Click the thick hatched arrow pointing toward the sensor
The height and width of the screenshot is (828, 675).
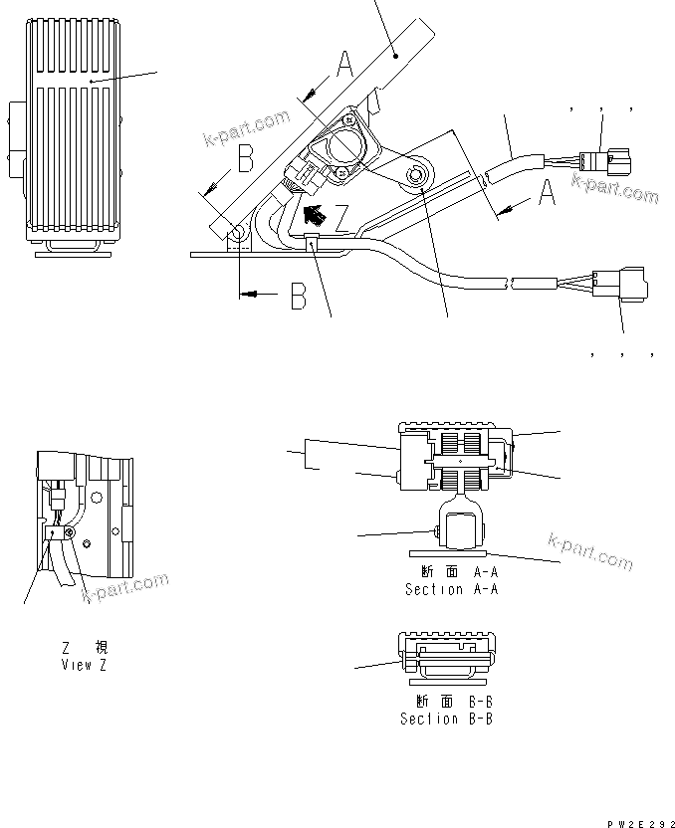click(x=314, y=214)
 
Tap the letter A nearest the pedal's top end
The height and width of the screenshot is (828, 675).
click(x=343, y=66)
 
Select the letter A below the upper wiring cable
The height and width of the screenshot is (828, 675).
click(x=546, y=194)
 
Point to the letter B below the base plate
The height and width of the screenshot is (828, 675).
click(x=297, y=298)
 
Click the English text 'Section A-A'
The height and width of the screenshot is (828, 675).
click(x=450, y=589)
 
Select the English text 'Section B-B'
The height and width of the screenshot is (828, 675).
click(x=446, y=718)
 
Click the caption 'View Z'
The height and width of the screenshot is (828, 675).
click(x=84, y=665)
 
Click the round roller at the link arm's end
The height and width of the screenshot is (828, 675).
click(x=415, y=176)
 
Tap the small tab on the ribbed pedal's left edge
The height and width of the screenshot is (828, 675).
click(x=16, y=120)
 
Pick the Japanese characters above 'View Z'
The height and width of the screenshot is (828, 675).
click(x=84, y=648)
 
